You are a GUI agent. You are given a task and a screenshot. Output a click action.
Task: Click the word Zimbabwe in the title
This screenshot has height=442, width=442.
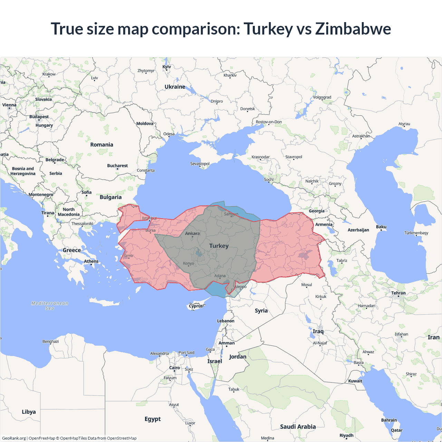(353, 29)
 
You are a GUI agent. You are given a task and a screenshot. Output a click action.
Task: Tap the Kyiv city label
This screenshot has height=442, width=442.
(166, 67)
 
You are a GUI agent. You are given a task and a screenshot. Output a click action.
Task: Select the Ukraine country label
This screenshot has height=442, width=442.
(175, 87)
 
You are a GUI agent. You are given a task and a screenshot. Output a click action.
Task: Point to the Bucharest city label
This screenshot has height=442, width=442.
(117, 166)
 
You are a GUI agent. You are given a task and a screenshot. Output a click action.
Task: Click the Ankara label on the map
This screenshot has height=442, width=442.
(192, 233)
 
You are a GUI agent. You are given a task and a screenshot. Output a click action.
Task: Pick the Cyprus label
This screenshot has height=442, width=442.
(196, 306)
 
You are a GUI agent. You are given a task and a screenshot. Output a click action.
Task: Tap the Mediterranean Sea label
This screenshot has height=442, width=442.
(50, 306)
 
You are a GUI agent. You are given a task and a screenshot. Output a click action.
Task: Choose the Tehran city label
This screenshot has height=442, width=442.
(398, 293)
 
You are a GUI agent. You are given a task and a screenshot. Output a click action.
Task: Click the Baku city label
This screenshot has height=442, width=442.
(381, 227)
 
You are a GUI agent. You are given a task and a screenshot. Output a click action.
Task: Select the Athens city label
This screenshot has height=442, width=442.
(91, 261)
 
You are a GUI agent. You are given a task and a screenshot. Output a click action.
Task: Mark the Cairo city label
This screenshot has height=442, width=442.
(174, 368)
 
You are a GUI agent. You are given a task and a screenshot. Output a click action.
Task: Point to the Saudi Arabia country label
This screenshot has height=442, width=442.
(298, 426)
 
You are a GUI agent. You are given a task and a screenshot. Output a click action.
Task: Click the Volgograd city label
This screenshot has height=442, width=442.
(322, 97)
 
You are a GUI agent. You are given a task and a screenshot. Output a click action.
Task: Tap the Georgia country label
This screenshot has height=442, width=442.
(316, 211)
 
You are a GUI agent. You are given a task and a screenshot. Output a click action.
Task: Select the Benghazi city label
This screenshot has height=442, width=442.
(50, 342)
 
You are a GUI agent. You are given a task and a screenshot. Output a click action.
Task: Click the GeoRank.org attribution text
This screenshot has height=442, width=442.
(14, 438)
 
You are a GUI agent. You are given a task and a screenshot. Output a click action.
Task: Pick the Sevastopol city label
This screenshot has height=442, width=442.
(200, 164)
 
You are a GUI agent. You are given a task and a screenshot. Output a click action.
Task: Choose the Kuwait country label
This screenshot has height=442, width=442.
(355, 381)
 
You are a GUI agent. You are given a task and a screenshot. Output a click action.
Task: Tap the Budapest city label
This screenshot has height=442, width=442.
(39, 117)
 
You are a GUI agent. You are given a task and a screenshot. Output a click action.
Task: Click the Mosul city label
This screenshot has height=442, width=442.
(306, 285)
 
